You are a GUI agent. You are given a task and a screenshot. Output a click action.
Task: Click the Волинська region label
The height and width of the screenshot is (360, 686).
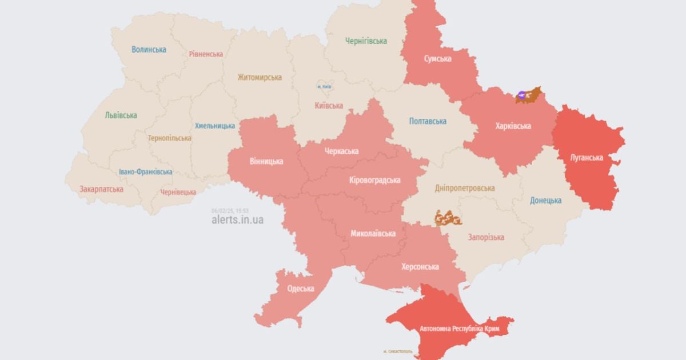click(x=149, y=50)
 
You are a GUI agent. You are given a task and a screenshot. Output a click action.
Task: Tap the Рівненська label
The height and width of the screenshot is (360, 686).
click(x=206, y=54)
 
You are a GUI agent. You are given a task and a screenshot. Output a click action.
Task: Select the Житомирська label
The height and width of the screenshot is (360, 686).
click(x=260, y=77)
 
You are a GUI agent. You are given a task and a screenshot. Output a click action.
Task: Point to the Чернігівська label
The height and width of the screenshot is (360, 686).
click(x=366, y=41)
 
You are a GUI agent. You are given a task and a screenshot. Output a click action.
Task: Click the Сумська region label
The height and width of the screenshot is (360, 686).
click(x=438, y=59)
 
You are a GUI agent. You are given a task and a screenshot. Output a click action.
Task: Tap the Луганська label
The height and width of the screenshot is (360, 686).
click(x=587, y=157)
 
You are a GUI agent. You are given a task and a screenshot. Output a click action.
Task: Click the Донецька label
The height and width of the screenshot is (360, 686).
click(x=545, y=201)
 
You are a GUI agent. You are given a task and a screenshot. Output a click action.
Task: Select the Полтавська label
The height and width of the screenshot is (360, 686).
click(x=428, y=121)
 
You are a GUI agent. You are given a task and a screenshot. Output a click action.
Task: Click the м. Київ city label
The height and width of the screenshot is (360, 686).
click(x=324, y=87)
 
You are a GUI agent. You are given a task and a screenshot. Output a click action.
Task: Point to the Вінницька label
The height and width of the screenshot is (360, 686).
click(x=266, y=161)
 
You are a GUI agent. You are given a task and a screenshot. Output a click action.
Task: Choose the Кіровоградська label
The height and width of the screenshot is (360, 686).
click(x=374, y=180)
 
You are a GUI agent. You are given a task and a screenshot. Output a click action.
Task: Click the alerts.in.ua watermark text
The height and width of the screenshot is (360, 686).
click(x=237, y=219)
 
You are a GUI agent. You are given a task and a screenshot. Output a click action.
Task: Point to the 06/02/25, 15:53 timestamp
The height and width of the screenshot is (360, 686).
click(x=229, y=210)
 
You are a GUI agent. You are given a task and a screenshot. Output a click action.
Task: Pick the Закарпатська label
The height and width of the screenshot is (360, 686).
click(x=101, y=188)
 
